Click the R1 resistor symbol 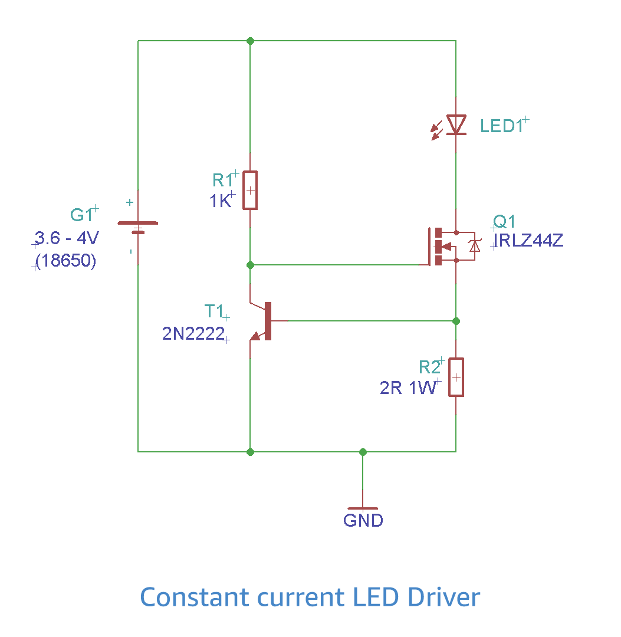coord(250,190)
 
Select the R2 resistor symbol coord(456,377)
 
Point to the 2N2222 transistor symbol coord(264,321)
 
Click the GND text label coord(363,521)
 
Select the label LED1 coord(501,126)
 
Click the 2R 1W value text coord(408,388)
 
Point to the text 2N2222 coord(193,334)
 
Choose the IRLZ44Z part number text coord(529,241)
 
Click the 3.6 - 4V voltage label coord(67,239)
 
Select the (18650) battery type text coord(65,261)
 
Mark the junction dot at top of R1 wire coord(250,41)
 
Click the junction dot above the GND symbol coord(363,452)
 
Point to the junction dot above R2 coord(456,321)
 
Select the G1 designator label coord(81,215)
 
